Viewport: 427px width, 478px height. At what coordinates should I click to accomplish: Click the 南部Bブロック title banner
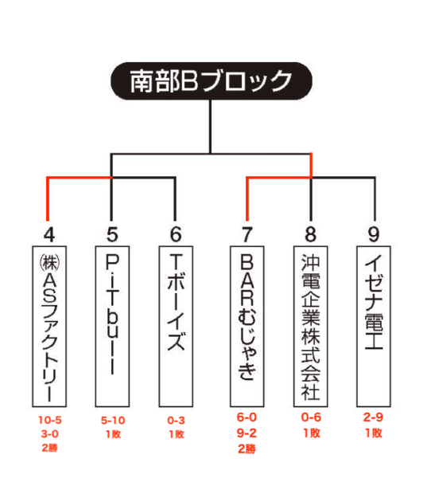(x=212, y=80)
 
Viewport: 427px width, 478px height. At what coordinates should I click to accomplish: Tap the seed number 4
(x=49, y=235)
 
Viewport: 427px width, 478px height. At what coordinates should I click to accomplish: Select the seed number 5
(x=112, y=234)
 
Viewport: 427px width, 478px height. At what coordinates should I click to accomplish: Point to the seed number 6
(x=176, y=234)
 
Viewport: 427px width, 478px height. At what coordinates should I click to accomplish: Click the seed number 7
(x=246, y=234)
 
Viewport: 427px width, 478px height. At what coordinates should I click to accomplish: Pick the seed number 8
(x=310, y=234)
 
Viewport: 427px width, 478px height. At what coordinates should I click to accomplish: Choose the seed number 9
(x=374, y=234)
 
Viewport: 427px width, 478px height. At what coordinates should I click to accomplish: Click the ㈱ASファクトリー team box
(x=49, y=326)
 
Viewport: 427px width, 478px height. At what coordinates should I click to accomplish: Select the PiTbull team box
(x=112, y=326)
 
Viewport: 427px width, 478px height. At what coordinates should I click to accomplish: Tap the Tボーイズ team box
(x=176, y=326)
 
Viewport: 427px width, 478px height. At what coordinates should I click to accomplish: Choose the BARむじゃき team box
(x=246, y=326)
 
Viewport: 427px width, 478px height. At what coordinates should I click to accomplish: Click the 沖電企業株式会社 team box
(x=310, y=326)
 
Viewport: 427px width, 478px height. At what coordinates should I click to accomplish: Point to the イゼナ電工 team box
(x=374, y=326)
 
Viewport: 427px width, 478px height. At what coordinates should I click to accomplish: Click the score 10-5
(x=49, y=420)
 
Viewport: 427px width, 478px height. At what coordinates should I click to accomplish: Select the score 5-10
(x=113, y=421)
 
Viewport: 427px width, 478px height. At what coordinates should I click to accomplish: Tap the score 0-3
(x=176, y=421)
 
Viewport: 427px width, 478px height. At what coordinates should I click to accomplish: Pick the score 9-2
(x=246, y=433)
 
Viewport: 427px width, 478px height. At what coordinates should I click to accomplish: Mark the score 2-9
(x=373, y=417)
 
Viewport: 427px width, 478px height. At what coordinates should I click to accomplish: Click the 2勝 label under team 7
(x=246, y=449)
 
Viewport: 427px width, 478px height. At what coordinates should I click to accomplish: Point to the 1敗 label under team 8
(x=312, y=433)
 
